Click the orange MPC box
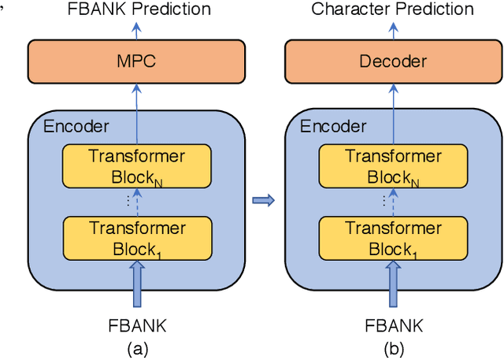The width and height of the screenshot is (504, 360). (137, 61)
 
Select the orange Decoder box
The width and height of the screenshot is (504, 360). (393, 61)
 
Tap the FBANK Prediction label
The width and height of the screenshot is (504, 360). (137, 9)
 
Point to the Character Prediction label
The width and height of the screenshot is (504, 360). (393, 9)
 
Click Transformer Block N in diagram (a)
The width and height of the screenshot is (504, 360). (137, 165)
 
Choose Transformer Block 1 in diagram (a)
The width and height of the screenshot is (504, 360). (137, 238)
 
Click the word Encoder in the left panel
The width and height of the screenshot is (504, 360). (76, 127)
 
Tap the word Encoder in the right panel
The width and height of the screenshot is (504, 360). (334, 127)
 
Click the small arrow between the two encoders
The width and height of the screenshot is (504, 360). (263, 200)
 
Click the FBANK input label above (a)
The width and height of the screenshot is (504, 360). (137, 325)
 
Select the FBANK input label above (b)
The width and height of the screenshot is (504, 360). (393, 325)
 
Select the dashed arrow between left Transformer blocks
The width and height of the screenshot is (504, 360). (138, 201)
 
